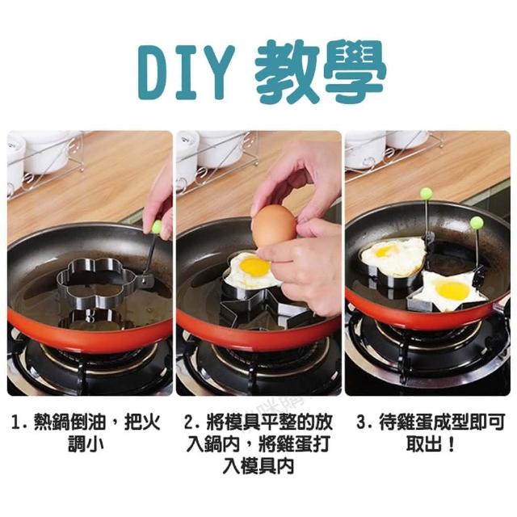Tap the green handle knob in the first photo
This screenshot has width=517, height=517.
point(158,226)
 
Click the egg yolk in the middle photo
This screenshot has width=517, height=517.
point(254,267)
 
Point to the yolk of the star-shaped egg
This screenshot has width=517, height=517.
point(452,290)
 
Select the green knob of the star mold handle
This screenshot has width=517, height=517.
point(476,222)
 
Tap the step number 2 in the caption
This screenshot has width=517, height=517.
point(189,423)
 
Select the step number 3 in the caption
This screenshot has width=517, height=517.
point(362,423)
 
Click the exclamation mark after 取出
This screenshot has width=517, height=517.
point(452,444)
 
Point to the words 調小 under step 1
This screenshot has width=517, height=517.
point(86,444)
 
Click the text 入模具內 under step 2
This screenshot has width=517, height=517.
point(258,466)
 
